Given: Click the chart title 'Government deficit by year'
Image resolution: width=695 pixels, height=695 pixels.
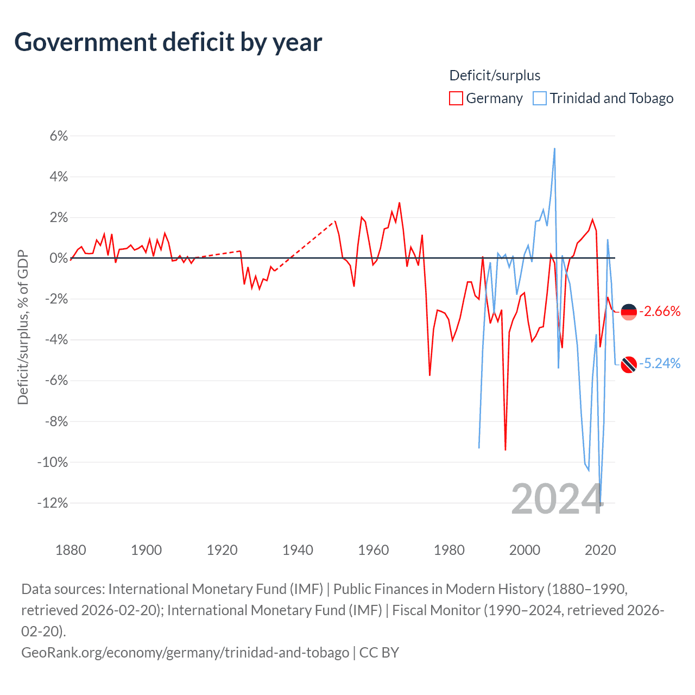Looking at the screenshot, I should tap(168, 42).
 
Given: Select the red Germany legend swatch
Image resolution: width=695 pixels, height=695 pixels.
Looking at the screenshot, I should tap(456, 98).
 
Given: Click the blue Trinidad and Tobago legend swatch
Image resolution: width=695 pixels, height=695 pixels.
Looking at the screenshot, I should tap(540, 98).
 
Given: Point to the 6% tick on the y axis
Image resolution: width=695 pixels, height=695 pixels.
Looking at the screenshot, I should tap(59, 136).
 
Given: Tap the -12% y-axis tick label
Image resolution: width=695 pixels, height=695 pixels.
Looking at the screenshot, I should tap(53, 503).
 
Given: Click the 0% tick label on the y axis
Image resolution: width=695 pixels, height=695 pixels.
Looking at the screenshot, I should tap(59, 258).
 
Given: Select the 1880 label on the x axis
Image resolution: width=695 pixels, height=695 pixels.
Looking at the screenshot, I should tap(71, 550).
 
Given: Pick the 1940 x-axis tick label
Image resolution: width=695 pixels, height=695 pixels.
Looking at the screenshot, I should tap(298, 550).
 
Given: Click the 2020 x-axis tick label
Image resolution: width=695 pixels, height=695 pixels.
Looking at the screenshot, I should tap(600, 550).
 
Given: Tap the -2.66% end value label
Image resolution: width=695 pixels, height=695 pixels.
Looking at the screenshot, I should tap(660, 311).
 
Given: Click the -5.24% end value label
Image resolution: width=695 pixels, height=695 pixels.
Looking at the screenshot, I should tap(660, 363).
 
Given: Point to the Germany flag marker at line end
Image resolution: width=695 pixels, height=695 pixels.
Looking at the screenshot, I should tap(629, 312).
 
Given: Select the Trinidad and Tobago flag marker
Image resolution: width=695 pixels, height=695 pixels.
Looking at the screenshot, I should tap(629, 364).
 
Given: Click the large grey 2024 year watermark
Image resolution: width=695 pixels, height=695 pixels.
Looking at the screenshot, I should tap(557, 499).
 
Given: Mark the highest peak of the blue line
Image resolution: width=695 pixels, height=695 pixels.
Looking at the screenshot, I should tap(554, 148).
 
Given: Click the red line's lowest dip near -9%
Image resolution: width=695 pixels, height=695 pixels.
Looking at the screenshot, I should tap(506, 450).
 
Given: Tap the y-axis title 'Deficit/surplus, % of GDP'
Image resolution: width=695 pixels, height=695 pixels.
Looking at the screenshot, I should tap(23, 327).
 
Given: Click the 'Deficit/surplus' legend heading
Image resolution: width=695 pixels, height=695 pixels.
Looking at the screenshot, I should tap(495, 75).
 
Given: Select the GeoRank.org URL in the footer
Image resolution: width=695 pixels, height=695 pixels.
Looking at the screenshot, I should tap(185, 652).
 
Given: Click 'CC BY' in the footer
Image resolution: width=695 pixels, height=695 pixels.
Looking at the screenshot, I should tap(379, 652).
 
